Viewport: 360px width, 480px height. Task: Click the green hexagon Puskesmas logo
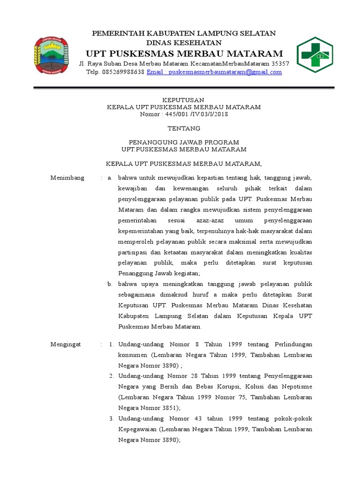pyautogui.click(x=315, y=55)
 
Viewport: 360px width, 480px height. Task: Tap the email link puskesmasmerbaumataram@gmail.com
pyautogui.click(x=214, y=72)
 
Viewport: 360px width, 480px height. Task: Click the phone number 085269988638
pyautogui.click(x=122, y=72)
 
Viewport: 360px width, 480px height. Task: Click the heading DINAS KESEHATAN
pyautogui.click(x=184, y=43)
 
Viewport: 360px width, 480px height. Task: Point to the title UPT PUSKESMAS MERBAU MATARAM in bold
pyautogui.click(x=183, y=53)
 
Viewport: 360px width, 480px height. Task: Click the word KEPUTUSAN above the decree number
pyautogui.click(x=183, y=100)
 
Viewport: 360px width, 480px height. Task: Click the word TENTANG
pyautogui.click(x=184, y=128)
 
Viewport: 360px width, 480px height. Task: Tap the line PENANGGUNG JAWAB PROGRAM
pyautogui.click(x=184, y=142)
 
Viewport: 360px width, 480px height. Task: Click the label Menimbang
pyautogui.click(x=67, y=178)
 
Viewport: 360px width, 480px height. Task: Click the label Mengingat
pyautogui.click(x=66, y=345)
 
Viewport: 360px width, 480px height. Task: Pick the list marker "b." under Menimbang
pyautogui.click(x=110, y=284)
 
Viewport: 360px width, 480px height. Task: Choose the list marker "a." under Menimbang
pyautogui.click(x=110, y=178)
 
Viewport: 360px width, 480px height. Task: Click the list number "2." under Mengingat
pyautogui.click(x=112, y=376)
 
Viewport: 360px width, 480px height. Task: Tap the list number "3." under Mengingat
pyautogui.click(x=112, y=419)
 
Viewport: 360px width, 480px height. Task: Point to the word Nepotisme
pyautogui.click(x=296, y=387)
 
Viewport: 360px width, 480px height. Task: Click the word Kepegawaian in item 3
pyautogui.click(x=137, y=429)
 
